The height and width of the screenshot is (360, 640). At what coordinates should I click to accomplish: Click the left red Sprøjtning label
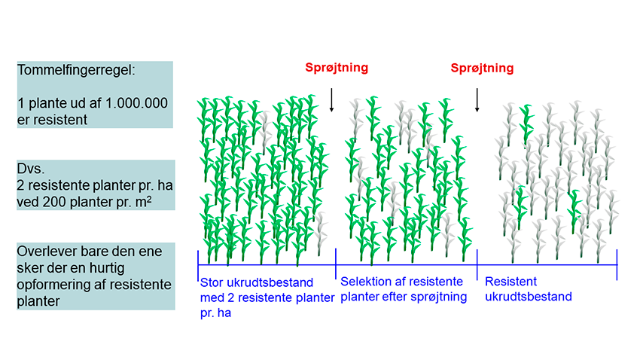(x=337, y=68)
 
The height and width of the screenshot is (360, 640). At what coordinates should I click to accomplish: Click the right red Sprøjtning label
(x=482, y=68)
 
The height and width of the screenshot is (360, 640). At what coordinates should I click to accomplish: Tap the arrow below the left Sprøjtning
(x=331, y=100)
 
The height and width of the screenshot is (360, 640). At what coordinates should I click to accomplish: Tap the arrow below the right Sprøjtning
(x=477, y=100)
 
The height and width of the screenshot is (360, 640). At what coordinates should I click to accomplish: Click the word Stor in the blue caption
(x=212, y=285)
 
